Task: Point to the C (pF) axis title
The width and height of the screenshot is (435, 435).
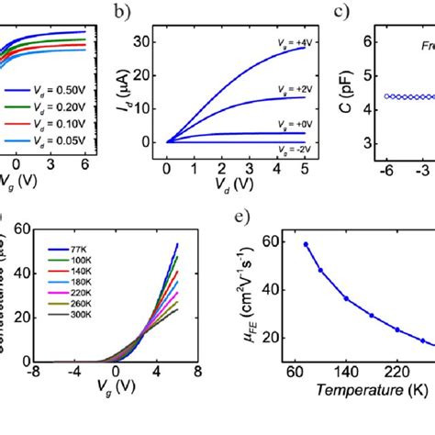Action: click(x=341, y=90)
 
